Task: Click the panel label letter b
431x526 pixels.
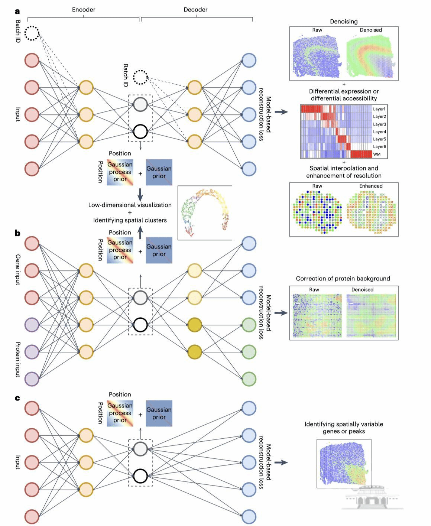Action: tap(17, 233)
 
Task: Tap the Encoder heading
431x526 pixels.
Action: tap(84, 10)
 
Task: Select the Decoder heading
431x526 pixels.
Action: tap(195, 10)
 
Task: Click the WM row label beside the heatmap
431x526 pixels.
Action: tap(377, 154)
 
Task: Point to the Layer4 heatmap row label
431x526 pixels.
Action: tap(379, 131)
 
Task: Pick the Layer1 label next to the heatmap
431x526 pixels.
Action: tap(379, 109)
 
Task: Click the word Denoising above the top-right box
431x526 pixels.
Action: tap(344, 22)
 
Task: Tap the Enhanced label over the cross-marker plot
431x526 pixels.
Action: tap(370, 186)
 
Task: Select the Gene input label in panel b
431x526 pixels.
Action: tap(18, 270)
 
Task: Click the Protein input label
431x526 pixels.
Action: tap(18, 359)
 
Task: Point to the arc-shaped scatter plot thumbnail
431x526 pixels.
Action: tap(205, 212)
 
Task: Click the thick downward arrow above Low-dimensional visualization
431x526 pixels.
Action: tap(140, 194)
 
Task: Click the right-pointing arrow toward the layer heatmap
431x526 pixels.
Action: tap(281, 111)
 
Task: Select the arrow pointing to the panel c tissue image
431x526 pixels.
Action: tap(281, 462)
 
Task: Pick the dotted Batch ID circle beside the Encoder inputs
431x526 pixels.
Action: tap(32, 33)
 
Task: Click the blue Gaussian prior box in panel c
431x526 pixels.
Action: tap(159, 413)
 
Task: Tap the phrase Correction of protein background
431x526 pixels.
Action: tap(343, 279)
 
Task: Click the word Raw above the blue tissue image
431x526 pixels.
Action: tap(317, 30)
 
